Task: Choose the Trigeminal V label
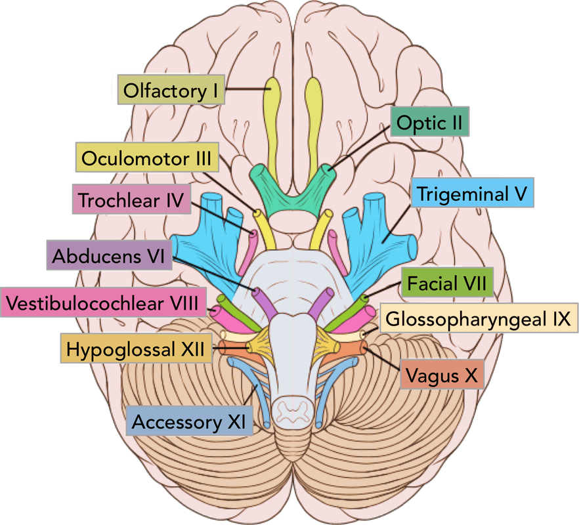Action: tap(472, 194)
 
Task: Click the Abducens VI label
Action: tap(109, 254)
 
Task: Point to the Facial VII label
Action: tap(446, 283)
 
